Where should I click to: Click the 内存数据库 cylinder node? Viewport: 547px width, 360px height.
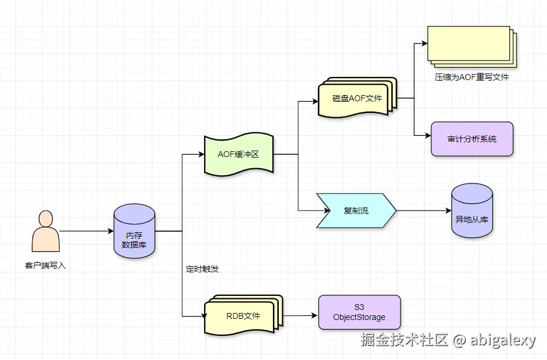134,231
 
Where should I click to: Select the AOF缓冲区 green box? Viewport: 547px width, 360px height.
238,155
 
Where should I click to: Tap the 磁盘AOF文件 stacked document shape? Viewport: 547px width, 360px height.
356,99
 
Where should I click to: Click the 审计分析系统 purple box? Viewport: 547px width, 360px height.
472,139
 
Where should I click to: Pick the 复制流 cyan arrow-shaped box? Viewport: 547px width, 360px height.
356,210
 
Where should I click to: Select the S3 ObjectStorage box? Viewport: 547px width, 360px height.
359,312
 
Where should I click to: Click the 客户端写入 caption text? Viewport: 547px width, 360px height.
45,266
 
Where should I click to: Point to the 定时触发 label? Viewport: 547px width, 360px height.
202,269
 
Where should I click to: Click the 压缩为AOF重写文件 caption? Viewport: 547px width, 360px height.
468,77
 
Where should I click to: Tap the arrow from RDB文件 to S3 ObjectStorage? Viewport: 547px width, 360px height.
299,316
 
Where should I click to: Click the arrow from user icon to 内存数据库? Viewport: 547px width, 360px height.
86,231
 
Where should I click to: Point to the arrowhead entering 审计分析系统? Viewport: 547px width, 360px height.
428,135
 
